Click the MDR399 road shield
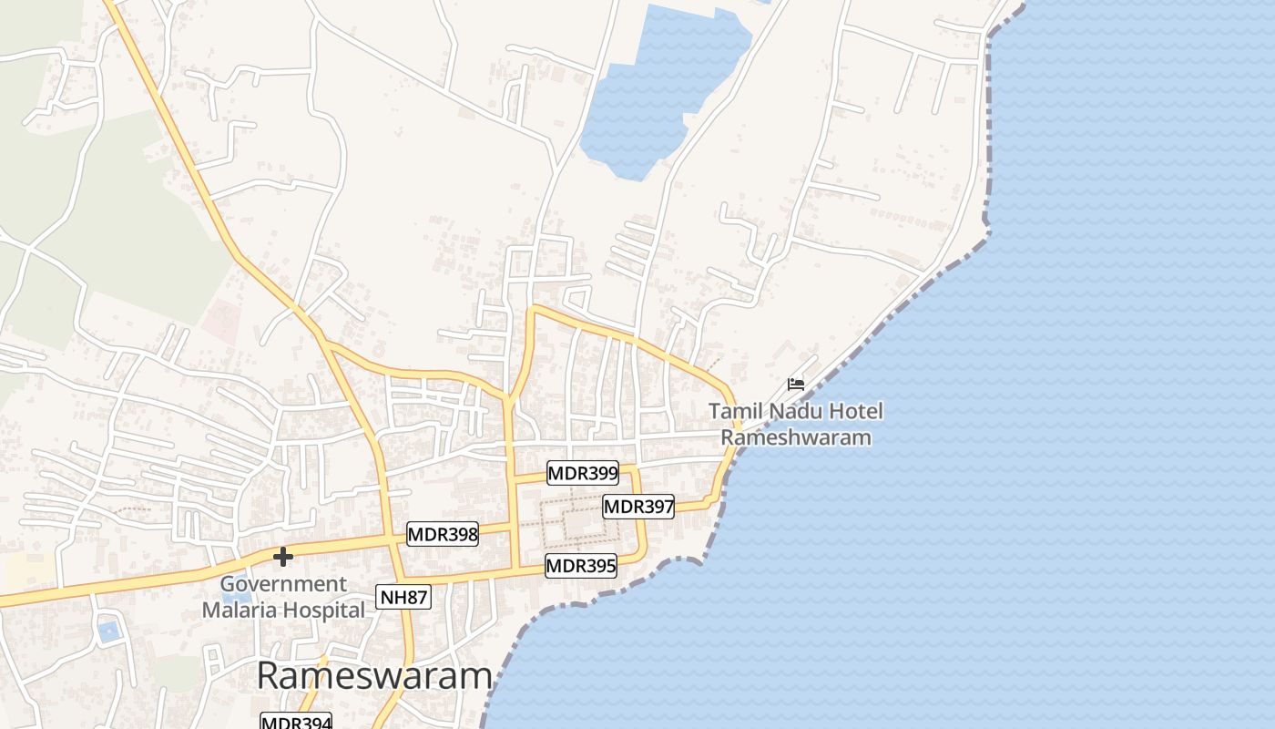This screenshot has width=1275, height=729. pos(583,473)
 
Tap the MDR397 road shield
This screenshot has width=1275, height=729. pos(638,507)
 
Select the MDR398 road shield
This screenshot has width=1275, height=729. pos(443,534)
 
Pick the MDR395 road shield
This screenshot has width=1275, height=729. pos(581,566)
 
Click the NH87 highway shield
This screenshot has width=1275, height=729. pos(403,598)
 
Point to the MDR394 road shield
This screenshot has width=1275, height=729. pos(296,722)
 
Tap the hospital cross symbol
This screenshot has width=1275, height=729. pos(283,556)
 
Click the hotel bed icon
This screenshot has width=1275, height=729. pos(796,385)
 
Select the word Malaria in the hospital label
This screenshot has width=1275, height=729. pos(240,610)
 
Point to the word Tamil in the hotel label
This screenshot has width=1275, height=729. pos(734,412)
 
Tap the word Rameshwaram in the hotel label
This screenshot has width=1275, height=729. pos(796,437)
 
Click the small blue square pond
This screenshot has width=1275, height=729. pos(109,631)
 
